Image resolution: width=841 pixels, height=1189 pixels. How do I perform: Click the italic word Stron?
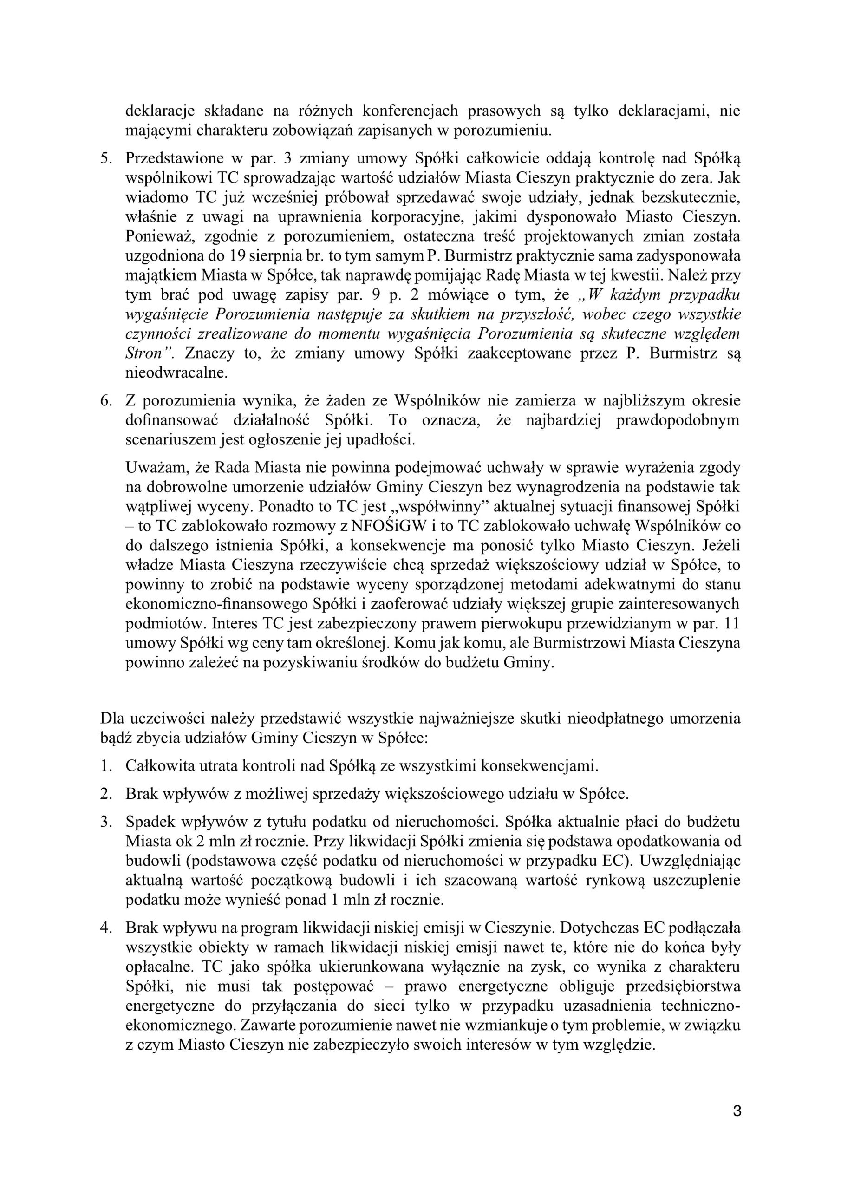pos(145,354)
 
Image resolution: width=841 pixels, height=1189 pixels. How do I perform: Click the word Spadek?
pos(150,822)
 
